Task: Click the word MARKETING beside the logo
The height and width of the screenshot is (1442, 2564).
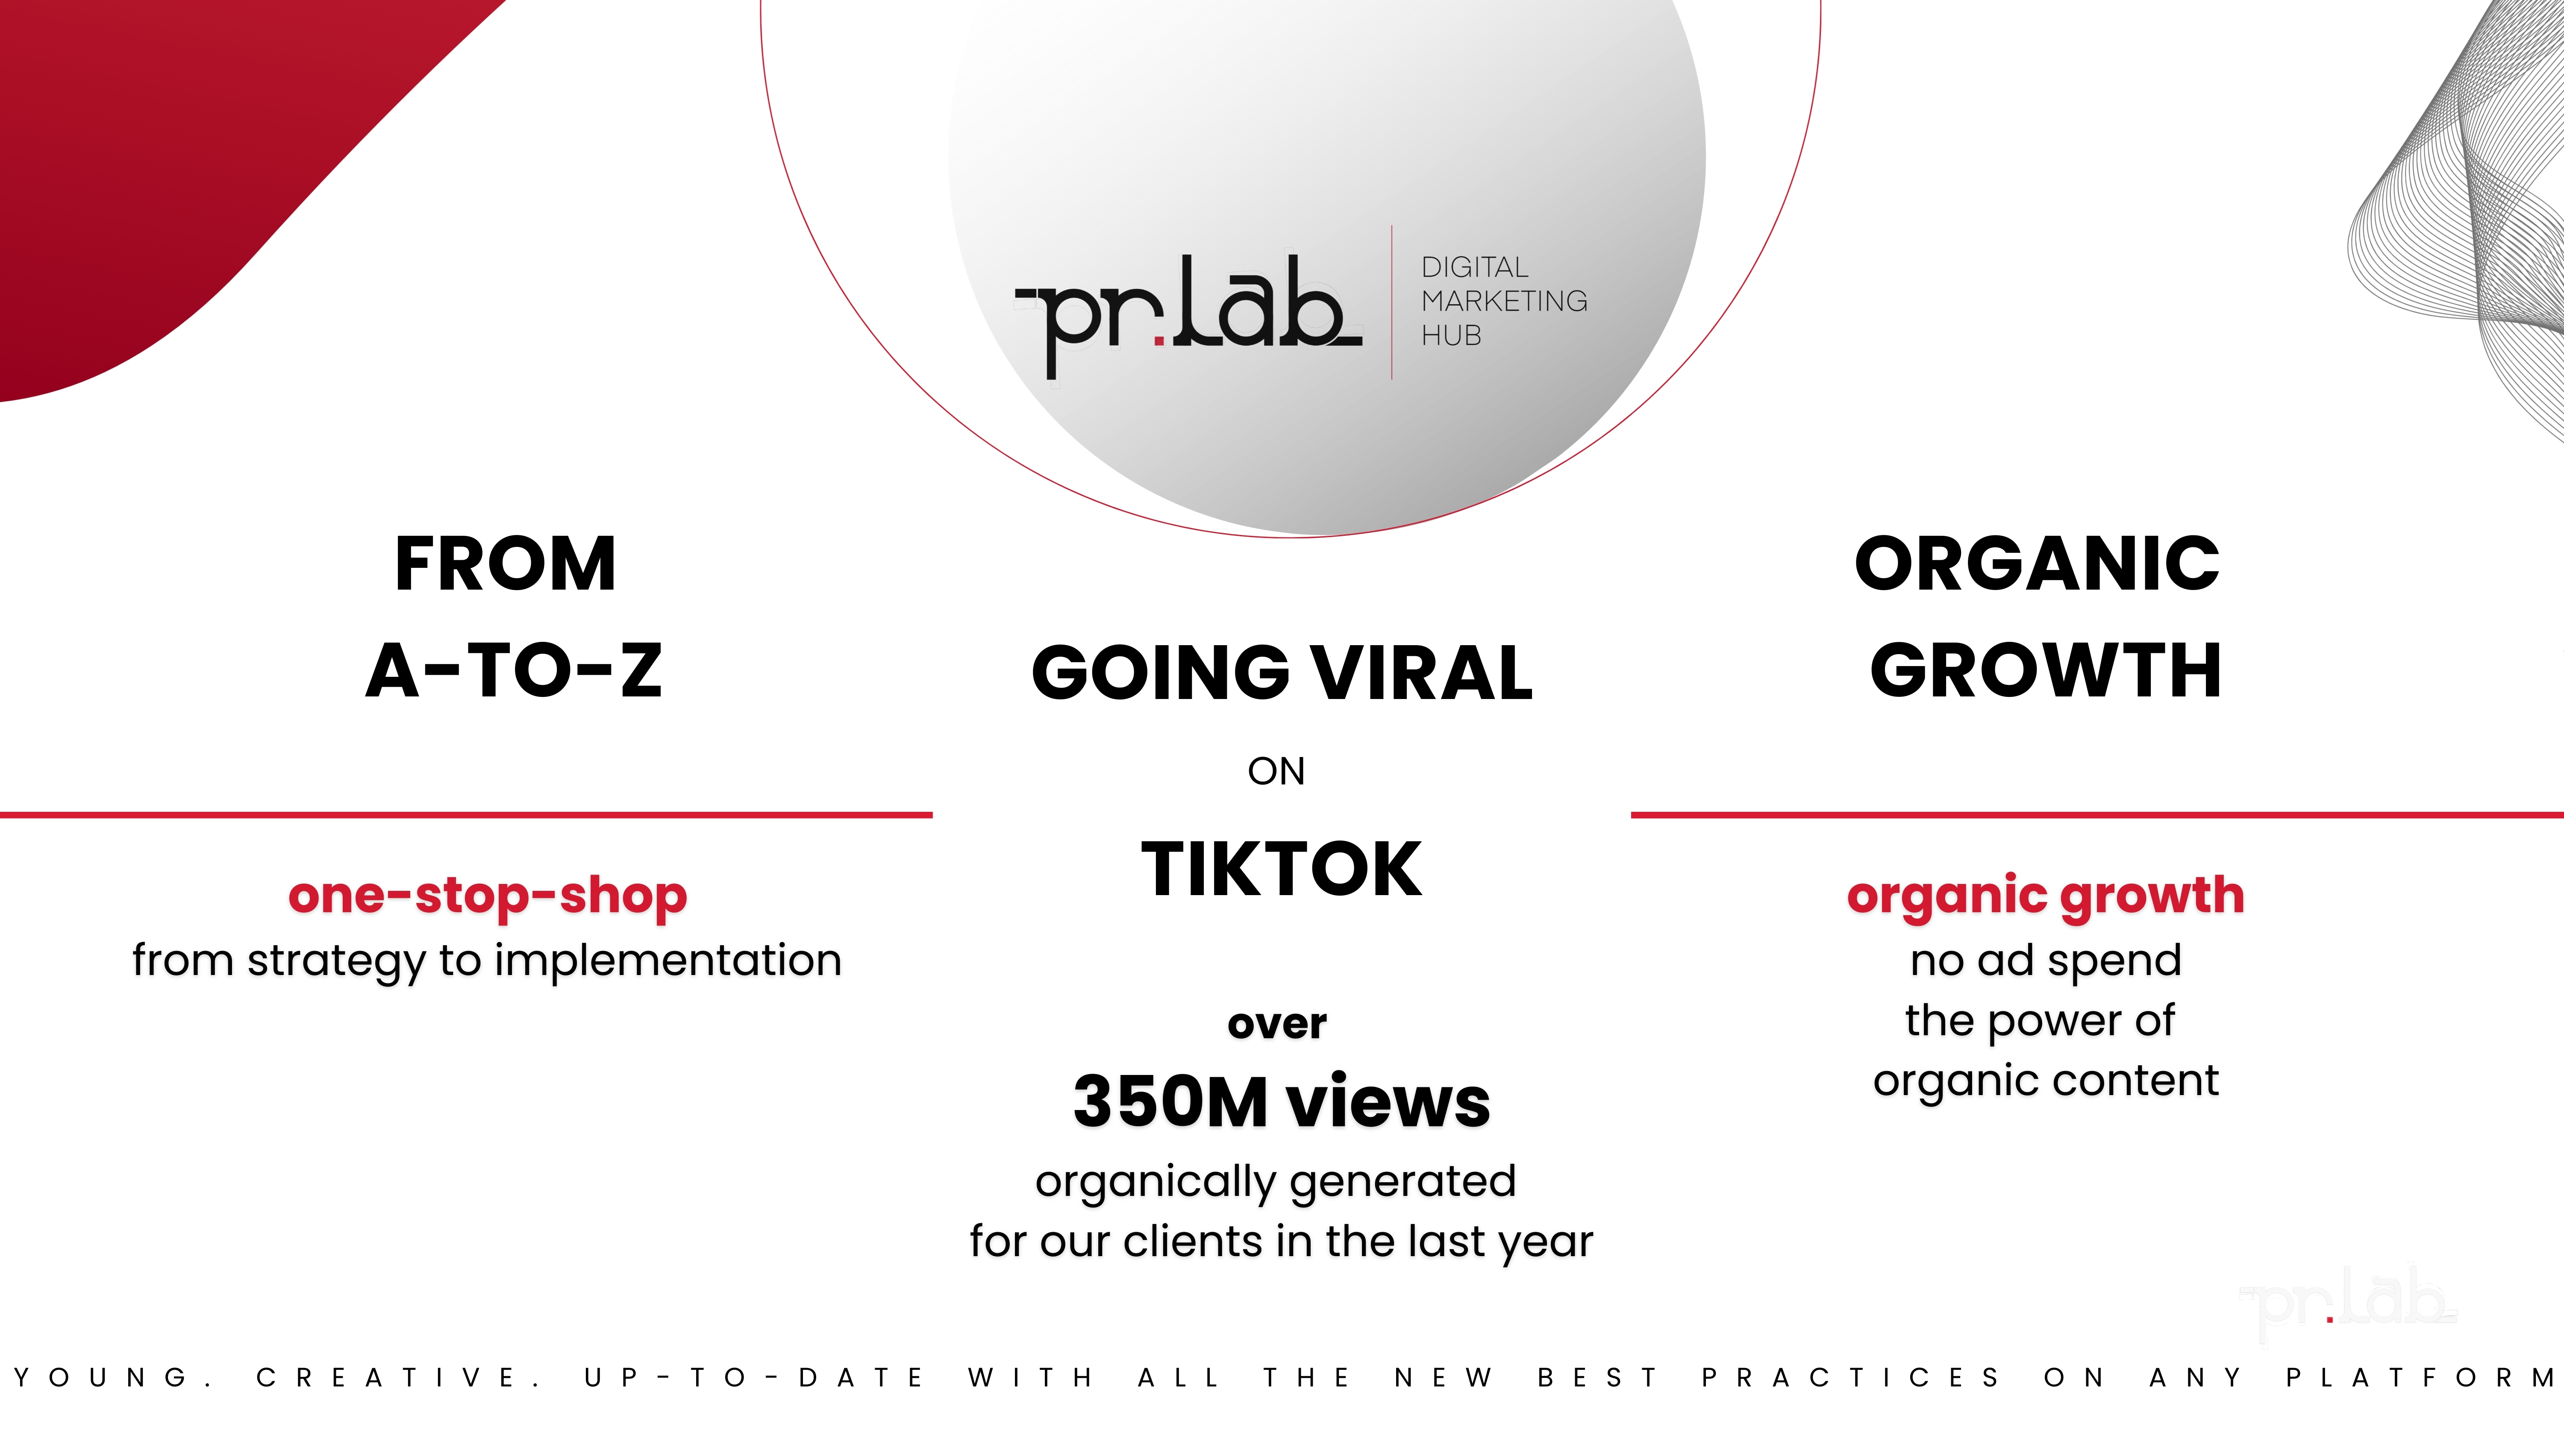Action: (x=1504, y=300)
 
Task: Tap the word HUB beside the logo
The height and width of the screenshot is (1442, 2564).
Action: (x=1451, y=335)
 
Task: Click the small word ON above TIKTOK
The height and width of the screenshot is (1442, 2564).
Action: (x=1276, y=771)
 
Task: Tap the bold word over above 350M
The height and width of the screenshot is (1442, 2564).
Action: (x=1277, y=1024)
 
